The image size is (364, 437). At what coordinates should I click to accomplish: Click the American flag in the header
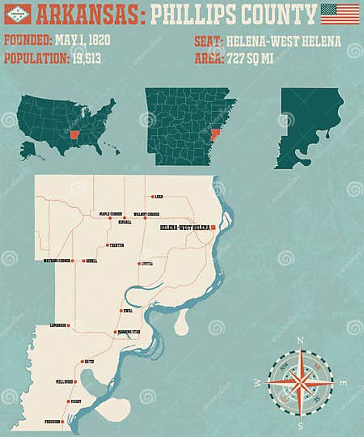(340, 14)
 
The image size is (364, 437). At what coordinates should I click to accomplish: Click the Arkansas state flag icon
(18, 14)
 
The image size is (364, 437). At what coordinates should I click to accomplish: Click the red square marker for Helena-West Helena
(213, 228)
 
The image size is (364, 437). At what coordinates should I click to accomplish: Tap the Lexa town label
(159, 196)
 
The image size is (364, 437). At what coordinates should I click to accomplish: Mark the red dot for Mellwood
(77, 381)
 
